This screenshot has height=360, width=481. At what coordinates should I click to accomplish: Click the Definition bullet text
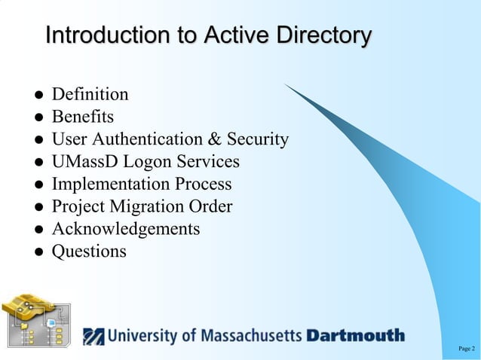(90, 95)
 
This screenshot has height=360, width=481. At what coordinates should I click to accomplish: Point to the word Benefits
(82, 117)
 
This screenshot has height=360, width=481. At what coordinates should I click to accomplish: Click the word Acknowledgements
(125, 228)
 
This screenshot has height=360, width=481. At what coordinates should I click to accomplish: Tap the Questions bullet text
(89, 251)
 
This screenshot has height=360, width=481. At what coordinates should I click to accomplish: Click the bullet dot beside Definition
(35, 96)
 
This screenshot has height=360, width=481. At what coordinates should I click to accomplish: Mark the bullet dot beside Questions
(35, 252)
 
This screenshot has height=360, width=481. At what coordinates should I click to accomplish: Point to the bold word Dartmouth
(355, 335)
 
